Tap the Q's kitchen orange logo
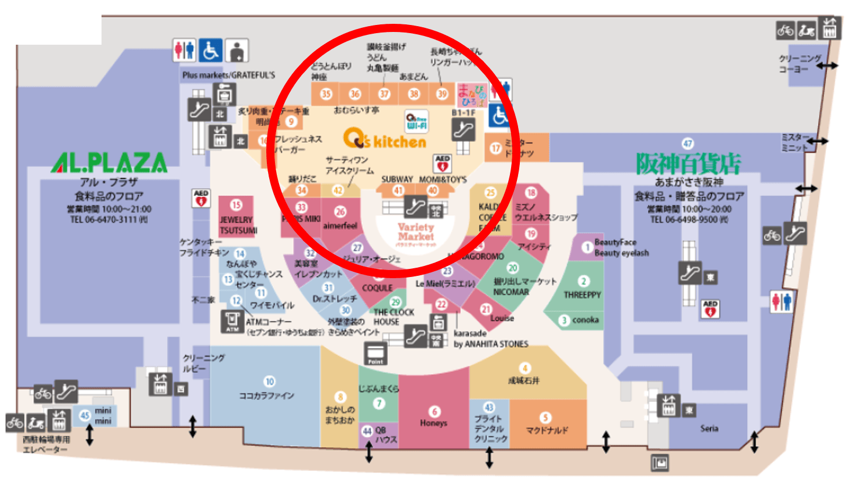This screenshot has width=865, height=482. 385,139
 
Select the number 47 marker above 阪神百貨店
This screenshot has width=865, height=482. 687,143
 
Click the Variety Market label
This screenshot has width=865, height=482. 415,232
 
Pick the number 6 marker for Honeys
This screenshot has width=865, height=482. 435,411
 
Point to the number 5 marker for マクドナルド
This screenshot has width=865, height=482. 545,418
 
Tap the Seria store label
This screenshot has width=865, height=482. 709,429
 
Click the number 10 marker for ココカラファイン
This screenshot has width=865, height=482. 269,382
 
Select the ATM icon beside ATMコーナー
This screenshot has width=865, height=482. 232,321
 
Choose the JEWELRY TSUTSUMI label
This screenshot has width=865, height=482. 236,225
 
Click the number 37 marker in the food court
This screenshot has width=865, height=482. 384,93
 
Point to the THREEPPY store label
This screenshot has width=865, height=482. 582,295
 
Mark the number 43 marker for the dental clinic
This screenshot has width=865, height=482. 489,408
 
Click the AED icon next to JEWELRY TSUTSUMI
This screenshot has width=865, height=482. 201,198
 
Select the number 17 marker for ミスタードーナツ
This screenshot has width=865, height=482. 495,148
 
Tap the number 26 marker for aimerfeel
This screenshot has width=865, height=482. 341,212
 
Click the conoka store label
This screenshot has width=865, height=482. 585,320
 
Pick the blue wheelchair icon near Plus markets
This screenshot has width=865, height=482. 210,51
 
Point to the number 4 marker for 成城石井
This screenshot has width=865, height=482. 524,368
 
